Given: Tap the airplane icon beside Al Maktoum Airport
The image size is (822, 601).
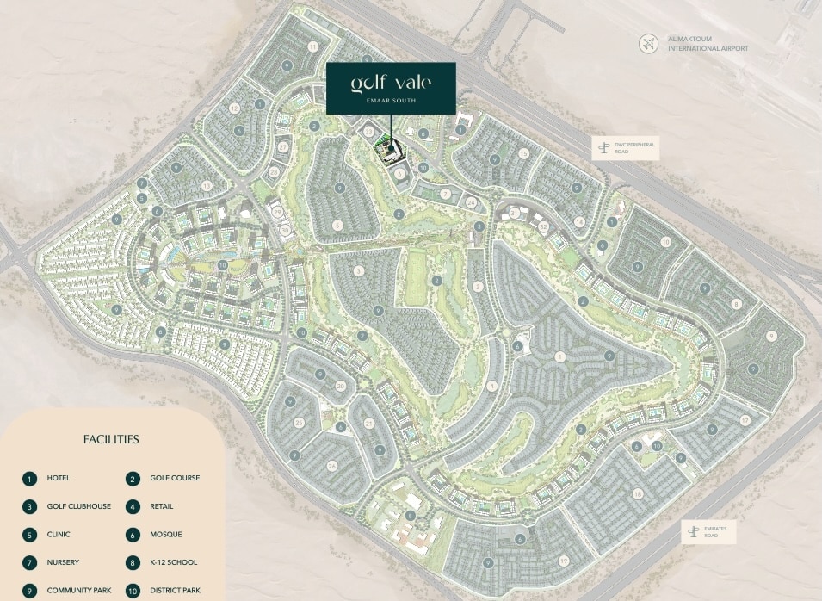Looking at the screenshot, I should pyautogui.click(x=648, y=43).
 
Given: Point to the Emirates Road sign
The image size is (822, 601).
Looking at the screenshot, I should pyautogui.click(x=709, y=532).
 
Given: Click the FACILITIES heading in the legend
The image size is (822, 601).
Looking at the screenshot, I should pyautogui.click(x=111, y=439).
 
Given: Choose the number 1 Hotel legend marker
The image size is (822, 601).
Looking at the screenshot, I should pyautogui.click(x=30, y=479).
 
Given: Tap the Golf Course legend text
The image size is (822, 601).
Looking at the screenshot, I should pyautogui.click(x=175, y=479).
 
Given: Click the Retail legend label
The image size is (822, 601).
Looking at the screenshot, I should pyautogui.click(x=163, y=506).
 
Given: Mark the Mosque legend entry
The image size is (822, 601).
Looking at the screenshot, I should pyautogui.click(x=166, y=535).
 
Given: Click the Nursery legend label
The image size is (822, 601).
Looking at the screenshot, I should pyautogui.click(x=64, y=562).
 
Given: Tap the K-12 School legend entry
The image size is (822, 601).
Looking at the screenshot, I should pyautogui.click(x=173, y=562).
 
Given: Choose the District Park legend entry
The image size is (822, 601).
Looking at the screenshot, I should pyautogui.click(x=175, y=591).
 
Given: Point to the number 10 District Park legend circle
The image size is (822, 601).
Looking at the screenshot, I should pyautogui.click(x=133, y=591).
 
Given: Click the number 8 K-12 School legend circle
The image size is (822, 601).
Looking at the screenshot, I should pyautogui.click(x=133, y=562).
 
